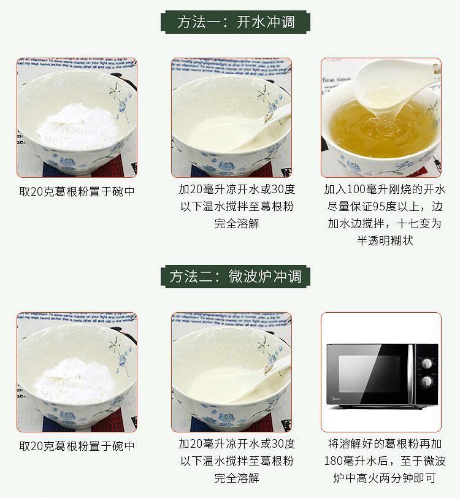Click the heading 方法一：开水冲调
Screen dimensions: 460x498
click(x=236, y=22)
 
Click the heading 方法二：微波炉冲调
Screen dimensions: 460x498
click(x=235, y=277)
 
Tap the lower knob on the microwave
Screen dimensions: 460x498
click(x=427, y=381)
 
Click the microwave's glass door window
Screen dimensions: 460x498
click(x=369, y=373)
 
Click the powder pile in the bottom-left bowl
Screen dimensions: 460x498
click(x=75, y=381)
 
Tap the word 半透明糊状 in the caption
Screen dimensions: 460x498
click(x=385, y=241)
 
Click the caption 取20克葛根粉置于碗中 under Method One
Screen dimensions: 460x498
click(x=77, y=191)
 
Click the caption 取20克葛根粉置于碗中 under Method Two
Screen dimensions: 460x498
click(x=77, y=446)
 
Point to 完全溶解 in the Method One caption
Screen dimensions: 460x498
click(x=237, y=224)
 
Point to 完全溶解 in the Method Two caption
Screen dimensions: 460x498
click(x=237, y=478)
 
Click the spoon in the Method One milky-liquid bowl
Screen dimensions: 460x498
click(x=258, y=130)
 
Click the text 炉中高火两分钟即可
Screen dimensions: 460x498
click(x=385, y=478)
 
